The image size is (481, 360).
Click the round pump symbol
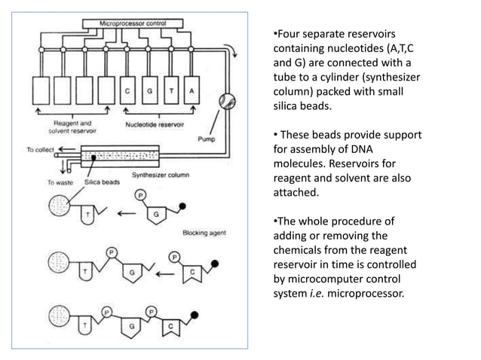coord(227,99)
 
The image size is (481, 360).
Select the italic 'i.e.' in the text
coord(311,294)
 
